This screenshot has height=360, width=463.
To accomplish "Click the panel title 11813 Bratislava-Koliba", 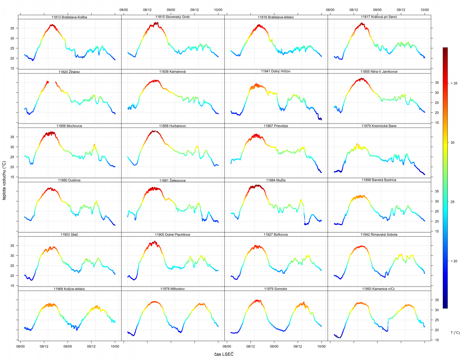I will point(69,17).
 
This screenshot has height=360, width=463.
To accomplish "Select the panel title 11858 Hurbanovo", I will point(173,126).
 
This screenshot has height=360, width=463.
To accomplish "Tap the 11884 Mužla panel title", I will point(276,180).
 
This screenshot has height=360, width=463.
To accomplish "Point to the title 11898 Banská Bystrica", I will point(379,180).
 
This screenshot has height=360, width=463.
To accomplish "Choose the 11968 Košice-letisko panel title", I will point(69,289).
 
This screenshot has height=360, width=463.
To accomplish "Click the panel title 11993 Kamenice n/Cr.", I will point(379,289).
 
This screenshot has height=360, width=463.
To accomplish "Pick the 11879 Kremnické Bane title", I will point(379,126).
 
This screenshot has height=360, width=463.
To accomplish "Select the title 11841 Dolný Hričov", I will point(276,71).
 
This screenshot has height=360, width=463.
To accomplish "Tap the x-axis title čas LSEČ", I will point(224,354).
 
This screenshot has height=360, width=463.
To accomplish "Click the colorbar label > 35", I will point(454,83).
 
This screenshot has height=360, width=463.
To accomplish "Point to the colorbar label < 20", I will point(454,261).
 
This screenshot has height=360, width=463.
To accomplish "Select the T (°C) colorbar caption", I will point(455,333).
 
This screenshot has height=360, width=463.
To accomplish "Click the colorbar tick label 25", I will point(452,202).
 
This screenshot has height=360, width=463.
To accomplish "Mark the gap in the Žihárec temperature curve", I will point(52,82).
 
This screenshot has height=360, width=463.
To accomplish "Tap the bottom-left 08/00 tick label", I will point(20,346).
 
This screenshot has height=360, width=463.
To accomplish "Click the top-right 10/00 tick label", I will point(425,10).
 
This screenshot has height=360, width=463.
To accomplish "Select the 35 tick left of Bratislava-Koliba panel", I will point(12,28).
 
